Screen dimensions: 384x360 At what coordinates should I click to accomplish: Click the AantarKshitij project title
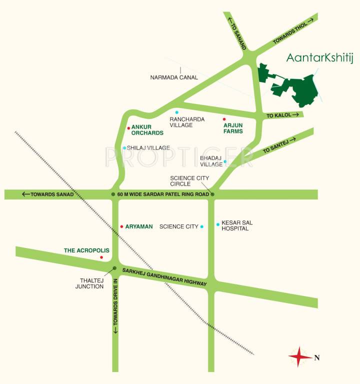[x=319, y=58]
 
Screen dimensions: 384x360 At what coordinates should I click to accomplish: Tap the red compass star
[x=298, y=357]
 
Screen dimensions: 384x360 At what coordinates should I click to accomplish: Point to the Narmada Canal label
[x=174, y=77]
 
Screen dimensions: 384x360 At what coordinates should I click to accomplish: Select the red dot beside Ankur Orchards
[x=128, y=128]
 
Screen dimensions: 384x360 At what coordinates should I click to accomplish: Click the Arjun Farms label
[x=233, y=128]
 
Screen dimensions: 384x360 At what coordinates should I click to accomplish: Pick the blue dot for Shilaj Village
[x=124, y=148]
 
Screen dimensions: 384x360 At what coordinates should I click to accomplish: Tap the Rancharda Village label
[x=180, y=122]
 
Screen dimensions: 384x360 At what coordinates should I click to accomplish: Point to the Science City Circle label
[x=189, y=180]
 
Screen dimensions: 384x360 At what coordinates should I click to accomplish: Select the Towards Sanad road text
[x=48, y=194]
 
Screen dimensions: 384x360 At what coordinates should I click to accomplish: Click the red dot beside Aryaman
[x=121, y=226]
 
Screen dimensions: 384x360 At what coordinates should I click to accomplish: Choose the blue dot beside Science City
[x=201, y=227]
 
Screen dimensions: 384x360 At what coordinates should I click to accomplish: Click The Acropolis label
[x=86, y=250]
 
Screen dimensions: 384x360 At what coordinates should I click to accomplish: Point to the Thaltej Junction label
[x=89, y=283]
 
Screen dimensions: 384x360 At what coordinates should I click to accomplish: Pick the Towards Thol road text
[x=293, y=31]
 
